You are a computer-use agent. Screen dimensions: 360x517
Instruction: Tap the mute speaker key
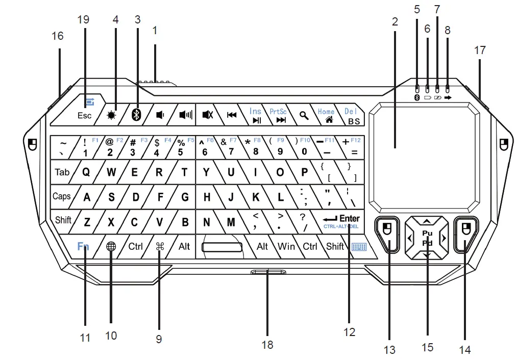click(x=208, y=115)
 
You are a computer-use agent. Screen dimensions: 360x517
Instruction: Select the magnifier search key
click(x=304, y=115)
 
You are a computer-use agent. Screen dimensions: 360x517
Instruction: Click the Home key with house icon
click(x=327, y=115)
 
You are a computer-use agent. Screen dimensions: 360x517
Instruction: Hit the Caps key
click(x=62, y=196)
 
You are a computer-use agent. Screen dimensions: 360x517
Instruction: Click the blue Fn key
click(x=83, y=246)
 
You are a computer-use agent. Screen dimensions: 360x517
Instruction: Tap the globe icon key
click(x=111, y=246)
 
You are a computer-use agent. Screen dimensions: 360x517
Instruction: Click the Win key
click(x=286, y=247)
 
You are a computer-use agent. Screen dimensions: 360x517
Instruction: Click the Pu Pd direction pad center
click(x=427, y=238)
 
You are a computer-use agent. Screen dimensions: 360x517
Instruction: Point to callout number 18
click(x=267, y=345)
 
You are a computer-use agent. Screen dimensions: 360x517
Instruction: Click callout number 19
click(x=83, y=19)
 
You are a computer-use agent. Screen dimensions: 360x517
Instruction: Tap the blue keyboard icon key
click(x=359, y=247)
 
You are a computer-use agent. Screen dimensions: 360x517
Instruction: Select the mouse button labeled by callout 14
click(x=464, y=234)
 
